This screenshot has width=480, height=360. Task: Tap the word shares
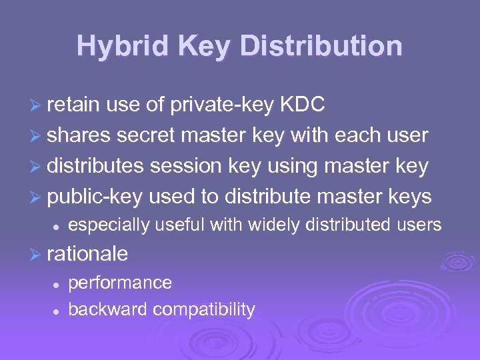(79, 135)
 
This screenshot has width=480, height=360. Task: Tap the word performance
(120, 283)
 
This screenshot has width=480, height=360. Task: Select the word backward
(107, 309)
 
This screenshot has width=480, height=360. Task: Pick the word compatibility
(204, 309)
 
